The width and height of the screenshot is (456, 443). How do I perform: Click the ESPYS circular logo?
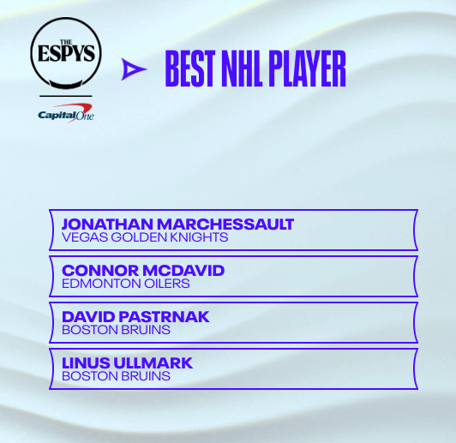(x=66, y=53)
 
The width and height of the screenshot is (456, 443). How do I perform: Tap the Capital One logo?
(x=66, y=113)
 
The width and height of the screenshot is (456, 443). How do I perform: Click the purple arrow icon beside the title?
(x=134, y=69)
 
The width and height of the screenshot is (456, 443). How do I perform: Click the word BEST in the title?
(x=190, y=69)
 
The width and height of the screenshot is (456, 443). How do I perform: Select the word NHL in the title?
(x=242, y=69)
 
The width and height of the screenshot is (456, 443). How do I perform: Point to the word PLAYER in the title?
(x=307, y=69)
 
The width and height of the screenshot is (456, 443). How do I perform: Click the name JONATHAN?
(x=107, y=224)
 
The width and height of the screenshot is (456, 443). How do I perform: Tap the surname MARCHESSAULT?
(x=225, y=224)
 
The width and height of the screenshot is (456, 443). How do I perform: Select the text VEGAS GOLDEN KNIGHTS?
(x=145, y=237)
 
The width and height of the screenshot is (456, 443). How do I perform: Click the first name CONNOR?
(x=100, y=271)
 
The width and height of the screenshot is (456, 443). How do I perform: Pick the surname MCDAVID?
(x=183, y=271)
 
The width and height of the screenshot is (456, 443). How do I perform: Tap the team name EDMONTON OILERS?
(x=126, y=284)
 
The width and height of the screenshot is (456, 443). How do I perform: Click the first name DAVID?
(x=88, y=317)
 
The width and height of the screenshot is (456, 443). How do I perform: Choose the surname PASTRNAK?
(x=164, y=317)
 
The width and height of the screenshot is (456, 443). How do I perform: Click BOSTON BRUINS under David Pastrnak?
(x=116, y=330)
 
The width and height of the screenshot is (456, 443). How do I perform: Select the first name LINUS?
(x=86, y=363)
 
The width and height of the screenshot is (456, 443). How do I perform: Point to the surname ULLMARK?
(x=153, y=363)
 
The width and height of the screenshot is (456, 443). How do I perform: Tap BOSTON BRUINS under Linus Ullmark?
(x=116, y=376)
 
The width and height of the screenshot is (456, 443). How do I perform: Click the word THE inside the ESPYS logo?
(x=66, y=43)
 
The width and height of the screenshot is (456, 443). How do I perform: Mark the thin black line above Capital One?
(x=66, y=96)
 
